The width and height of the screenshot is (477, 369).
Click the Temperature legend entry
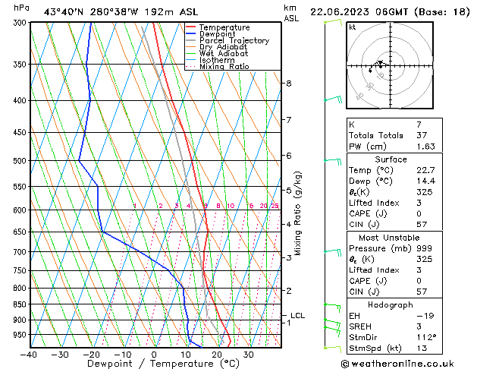[x=224, y=27]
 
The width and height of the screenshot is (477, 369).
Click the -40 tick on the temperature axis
[x=29, y=354]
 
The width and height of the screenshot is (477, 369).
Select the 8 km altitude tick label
[x=289, y=83]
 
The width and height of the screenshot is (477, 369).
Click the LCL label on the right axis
[x=297, y=315]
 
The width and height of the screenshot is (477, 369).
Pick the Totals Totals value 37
[x=401, y=135]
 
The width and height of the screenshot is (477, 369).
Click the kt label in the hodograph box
[x=353, y=27]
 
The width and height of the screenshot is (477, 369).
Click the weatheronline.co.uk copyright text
[x=408, y=363]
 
